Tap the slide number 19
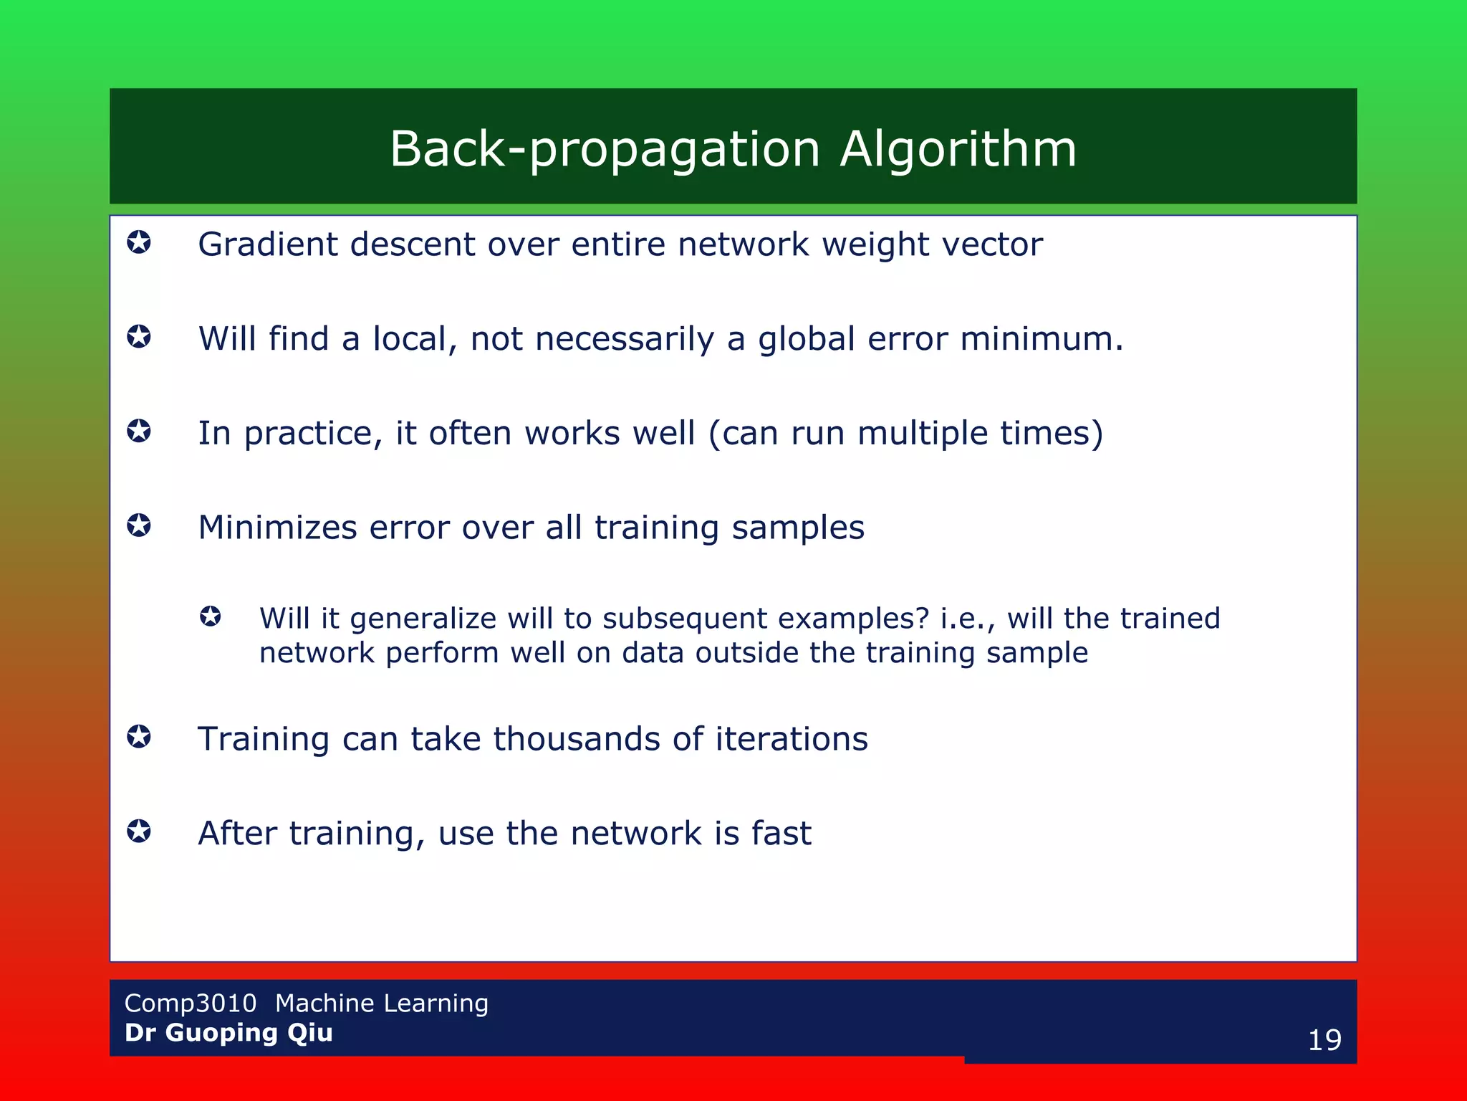[x=1324, y=1039]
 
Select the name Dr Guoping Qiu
[x=229, y=1032]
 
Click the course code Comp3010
[x=190, y=1003]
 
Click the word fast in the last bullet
[x=781, y=834]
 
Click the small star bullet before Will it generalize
[x=211, y=616]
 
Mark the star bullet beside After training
[x=139, y=831]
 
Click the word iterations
[x=792, y=739]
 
